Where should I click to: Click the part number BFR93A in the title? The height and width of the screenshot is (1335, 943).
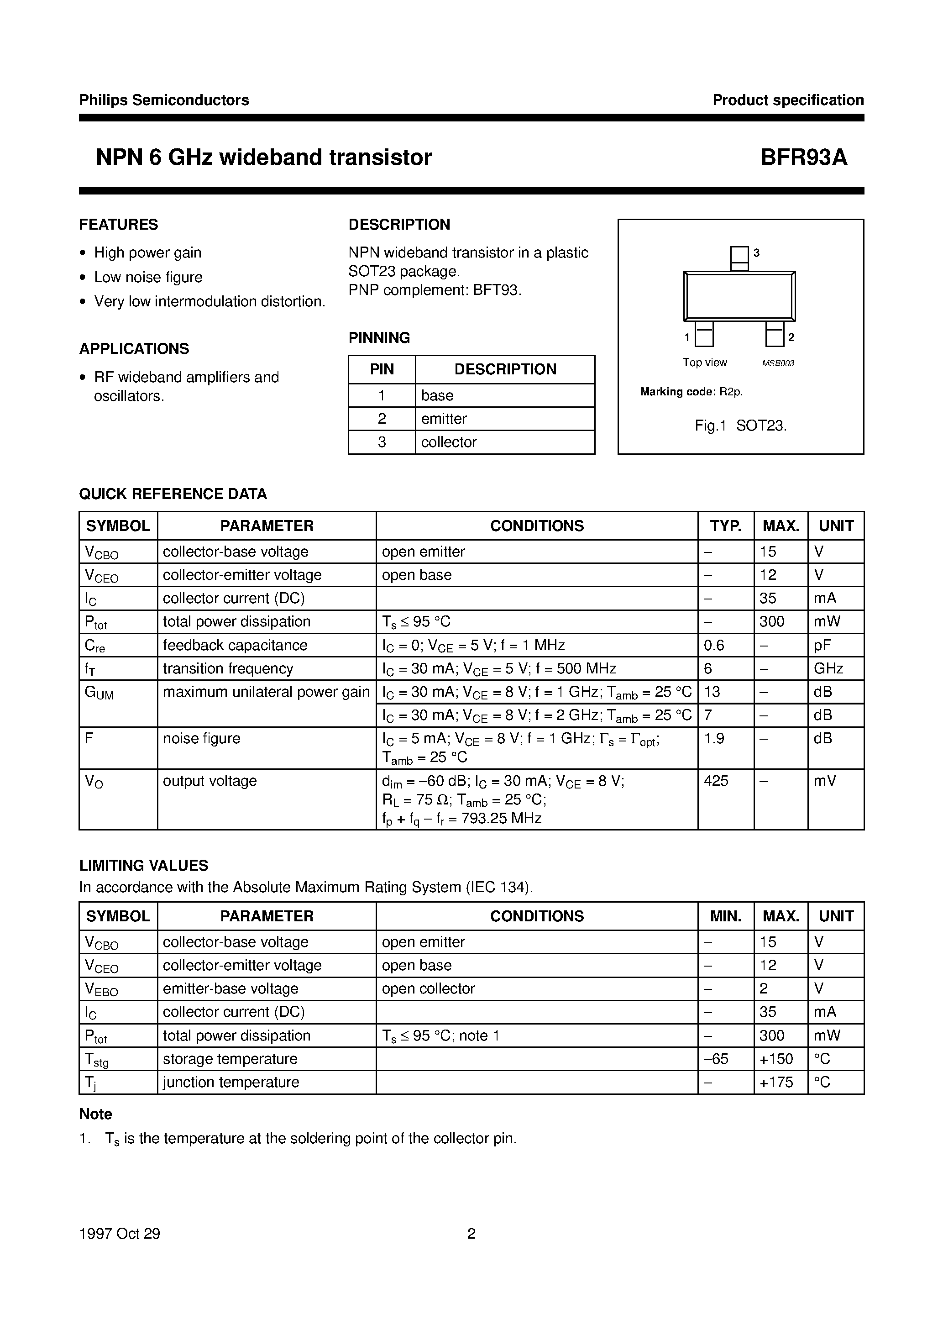(804, 157)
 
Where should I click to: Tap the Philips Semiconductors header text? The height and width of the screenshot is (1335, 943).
(164, 100)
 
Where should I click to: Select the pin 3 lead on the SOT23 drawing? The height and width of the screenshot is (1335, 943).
(739, 258)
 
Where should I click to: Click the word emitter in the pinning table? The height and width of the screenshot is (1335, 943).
(444, 419)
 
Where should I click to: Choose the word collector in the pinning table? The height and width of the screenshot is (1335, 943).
(448, 442)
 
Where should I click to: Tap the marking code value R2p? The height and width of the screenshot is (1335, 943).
(731, 392)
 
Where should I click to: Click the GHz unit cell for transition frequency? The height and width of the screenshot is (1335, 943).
(828, 668)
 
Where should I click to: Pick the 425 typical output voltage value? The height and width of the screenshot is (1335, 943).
(716, 780)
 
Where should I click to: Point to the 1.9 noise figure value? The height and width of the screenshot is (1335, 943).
(713, 738)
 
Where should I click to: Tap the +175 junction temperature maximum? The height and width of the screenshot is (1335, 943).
(776, 1082)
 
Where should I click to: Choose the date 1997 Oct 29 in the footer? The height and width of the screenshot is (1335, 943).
(119, 1233)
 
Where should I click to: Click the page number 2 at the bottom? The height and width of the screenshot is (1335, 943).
(471, 1233)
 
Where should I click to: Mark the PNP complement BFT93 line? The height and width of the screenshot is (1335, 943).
(435, 289)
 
